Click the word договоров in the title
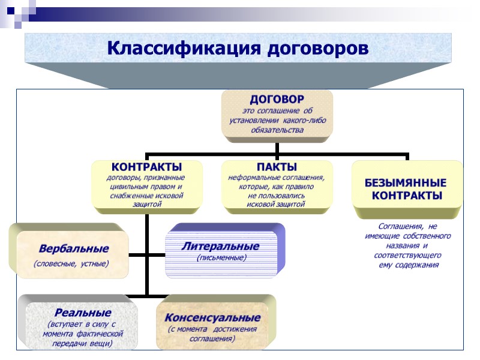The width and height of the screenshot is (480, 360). pos(315,48)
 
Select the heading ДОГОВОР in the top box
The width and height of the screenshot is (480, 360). pos(277,99)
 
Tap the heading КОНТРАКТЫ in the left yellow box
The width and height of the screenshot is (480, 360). pos(147,166)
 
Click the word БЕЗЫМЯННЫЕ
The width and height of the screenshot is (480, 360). pos(406,182)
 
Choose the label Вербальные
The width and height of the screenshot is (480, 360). pos(73,248)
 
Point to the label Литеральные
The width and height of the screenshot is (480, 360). pos(221,246)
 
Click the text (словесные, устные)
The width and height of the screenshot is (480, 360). pos(71,263)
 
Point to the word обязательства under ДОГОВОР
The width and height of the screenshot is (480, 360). pos(277,130)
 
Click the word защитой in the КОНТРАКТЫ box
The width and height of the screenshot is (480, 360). pos(147,205)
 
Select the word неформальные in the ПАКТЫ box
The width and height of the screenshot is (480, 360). pos(252,178)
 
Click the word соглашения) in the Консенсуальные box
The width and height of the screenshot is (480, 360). pos(212,338)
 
